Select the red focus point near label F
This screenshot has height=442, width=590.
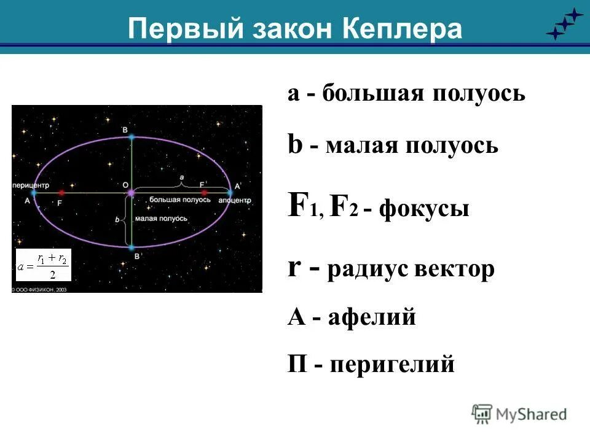(61, 192)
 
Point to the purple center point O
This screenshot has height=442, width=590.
(131, 193)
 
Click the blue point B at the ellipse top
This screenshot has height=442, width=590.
(131, 137)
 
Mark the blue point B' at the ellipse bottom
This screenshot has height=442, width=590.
(131, 248)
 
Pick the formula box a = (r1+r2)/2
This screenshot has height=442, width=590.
(44, 265)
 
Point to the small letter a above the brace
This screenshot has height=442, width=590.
(181, 177)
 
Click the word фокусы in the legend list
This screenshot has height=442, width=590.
(424, 209)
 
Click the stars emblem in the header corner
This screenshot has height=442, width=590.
(564, 25)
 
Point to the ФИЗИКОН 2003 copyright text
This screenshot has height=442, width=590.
(39, 288)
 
